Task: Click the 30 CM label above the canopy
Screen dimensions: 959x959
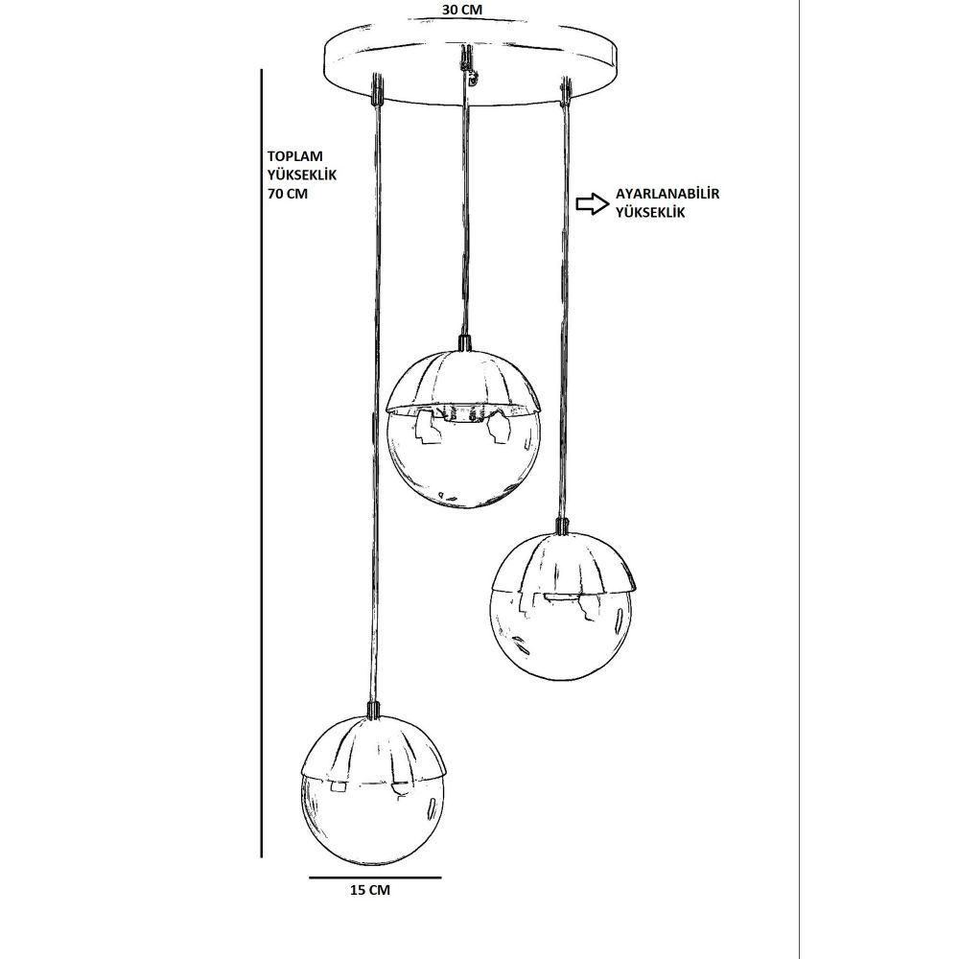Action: coord(462,10)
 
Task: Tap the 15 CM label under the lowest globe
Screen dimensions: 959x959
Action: coord(369,890)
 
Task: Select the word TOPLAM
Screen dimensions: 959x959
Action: coord(294,156)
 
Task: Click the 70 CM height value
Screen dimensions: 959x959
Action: coord(288,194)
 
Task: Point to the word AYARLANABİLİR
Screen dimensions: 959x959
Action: coord(667,194)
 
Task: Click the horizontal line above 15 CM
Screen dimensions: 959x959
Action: coord(375,877)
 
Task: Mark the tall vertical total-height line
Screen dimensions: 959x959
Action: coord(262,463)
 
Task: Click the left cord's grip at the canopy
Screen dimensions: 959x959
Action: coord(377,88)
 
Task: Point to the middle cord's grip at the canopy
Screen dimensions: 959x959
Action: coord(467,59)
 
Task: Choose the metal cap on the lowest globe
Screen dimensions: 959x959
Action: coord(374,746)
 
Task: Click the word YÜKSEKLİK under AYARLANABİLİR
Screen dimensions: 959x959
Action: coord(651,213)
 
